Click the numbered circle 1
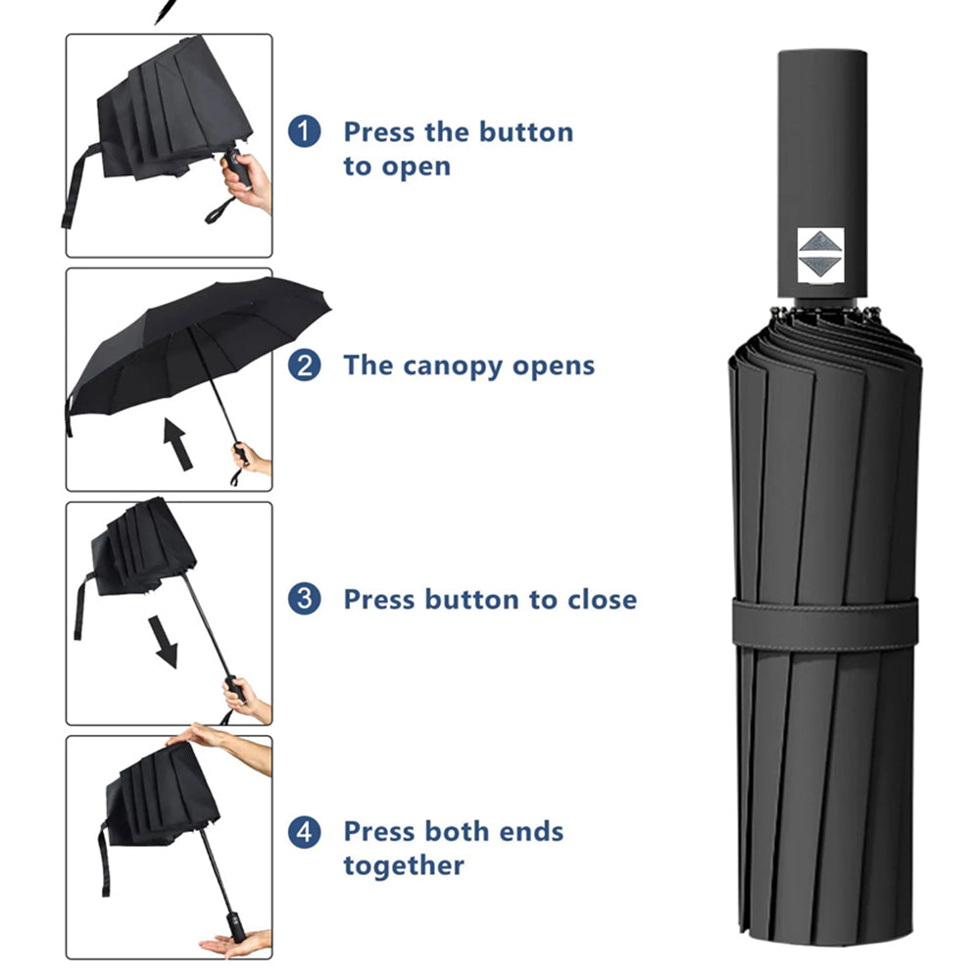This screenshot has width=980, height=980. pos(305,131)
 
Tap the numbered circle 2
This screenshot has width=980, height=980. pos(305,365)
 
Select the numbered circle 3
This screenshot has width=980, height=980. pos(305,599)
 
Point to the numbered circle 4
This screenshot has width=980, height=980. pos(305,832)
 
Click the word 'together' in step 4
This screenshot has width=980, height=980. pos(404,865)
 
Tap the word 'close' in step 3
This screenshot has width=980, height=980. pos(602,600)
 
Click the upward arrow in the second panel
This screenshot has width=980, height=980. pos(176,444)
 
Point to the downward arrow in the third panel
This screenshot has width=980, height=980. pos(163,642)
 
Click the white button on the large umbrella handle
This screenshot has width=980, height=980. pos(820,256)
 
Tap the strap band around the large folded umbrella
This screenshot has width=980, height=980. pos(825,623)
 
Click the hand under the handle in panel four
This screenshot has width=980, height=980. pos(236,943)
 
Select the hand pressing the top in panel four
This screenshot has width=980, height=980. pos(225,744)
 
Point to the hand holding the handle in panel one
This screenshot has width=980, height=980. pos(248,182)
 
